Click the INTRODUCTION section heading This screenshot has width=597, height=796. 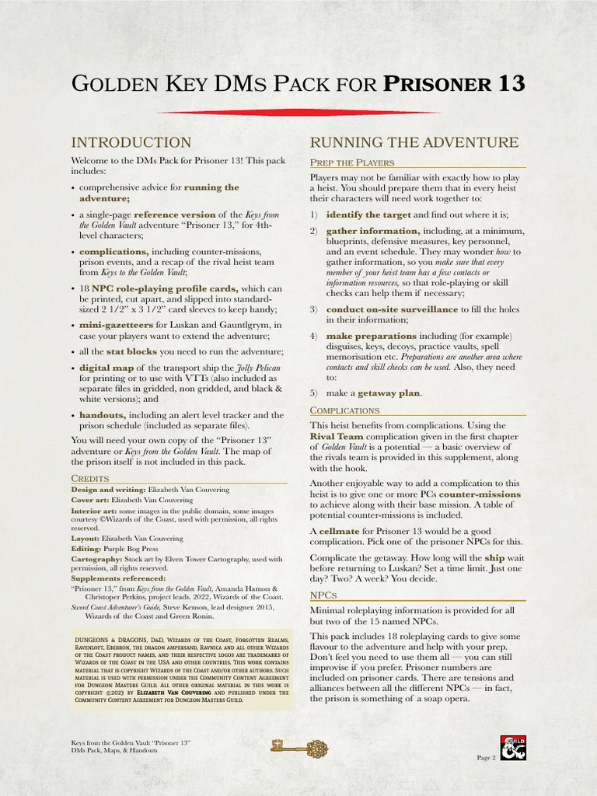(x=131, y=142)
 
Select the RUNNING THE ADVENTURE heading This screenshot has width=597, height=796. (x=414, y=142)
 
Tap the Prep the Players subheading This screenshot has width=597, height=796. (x=351, y=162)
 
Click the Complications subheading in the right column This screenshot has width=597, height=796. (x=344, y=410)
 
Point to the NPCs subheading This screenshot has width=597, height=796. (x=323, y=595)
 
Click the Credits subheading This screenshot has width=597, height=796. (x=89, y=477)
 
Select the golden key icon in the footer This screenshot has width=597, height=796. (x=298, y=748)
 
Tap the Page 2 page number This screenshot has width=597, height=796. (x=486, y=757)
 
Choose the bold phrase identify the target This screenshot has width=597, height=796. (x=368, y=215)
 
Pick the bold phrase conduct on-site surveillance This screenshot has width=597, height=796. (x=392, y=309)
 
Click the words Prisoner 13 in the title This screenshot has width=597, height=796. (x=453, y=83)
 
